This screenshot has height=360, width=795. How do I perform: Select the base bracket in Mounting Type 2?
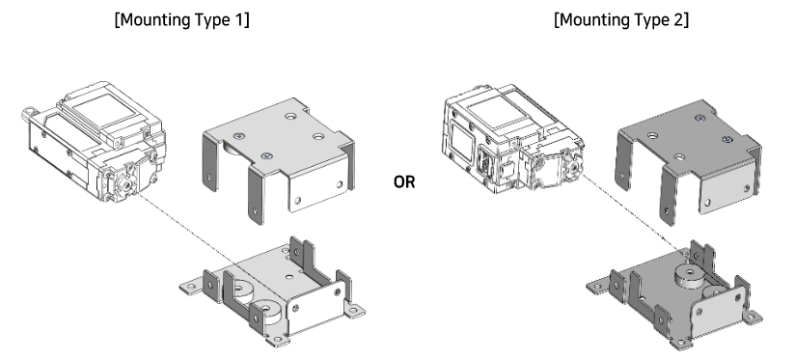[675, 290]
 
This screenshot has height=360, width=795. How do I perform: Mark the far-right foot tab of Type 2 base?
[759, 317]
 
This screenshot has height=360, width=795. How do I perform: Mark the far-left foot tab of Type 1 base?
[192, 287]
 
